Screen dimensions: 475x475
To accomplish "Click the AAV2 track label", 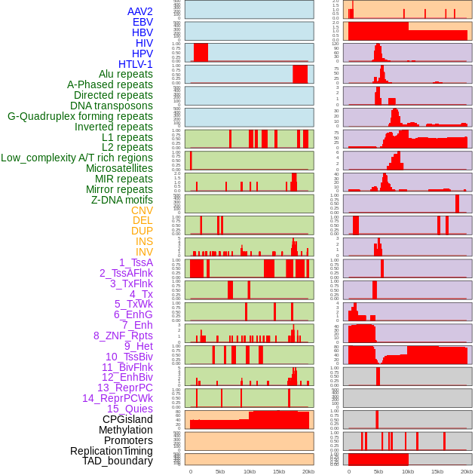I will (x=139, y=11).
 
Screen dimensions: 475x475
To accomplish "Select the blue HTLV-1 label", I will (x=135, y=64).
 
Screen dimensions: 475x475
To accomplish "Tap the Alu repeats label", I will (x=125, y=74).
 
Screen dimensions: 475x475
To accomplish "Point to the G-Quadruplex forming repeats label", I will (x=80, y=116).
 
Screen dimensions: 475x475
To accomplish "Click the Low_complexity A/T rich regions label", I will (x=77, y=158).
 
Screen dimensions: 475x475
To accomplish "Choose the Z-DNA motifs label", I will (x=121, y=200).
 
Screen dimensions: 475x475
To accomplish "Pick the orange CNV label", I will (x=142, y=210).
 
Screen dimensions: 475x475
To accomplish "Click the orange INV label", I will (x=144, y=252).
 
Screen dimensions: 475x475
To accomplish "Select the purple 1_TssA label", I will (x=136, y=262).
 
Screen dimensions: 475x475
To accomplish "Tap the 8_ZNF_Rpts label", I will (x=123, y=336).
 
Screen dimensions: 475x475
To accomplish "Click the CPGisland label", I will (x=127, y=419).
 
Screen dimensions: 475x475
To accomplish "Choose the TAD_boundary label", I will (x=117, y=461).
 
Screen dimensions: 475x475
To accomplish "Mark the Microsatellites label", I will (x=119, y=168).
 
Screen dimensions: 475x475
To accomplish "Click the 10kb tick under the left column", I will (x=249, y=471).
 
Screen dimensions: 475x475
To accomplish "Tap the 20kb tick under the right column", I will (x=467, y=471).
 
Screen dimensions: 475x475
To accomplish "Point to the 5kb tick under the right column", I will (x=378, y=471).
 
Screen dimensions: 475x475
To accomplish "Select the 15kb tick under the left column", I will (x=278, y=471).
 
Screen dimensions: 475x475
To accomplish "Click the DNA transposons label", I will (x=112, y=106).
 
